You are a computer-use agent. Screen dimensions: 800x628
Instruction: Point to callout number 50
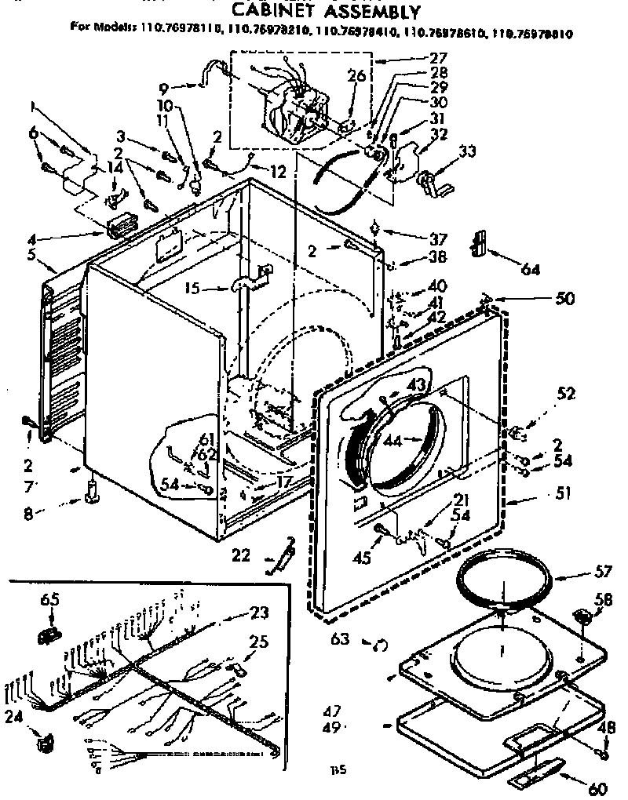(x=564, y=299)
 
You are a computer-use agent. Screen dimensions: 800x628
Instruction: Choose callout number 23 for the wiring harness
(x=258, y=613)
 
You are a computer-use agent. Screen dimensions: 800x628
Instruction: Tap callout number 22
(x=241, y=555)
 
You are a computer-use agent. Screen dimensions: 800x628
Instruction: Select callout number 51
(x=542, y=494)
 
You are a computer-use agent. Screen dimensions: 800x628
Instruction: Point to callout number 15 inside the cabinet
(x=191, y=289)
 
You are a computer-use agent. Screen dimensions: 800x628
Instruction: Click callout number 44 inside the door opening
(x=392, y=441)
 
